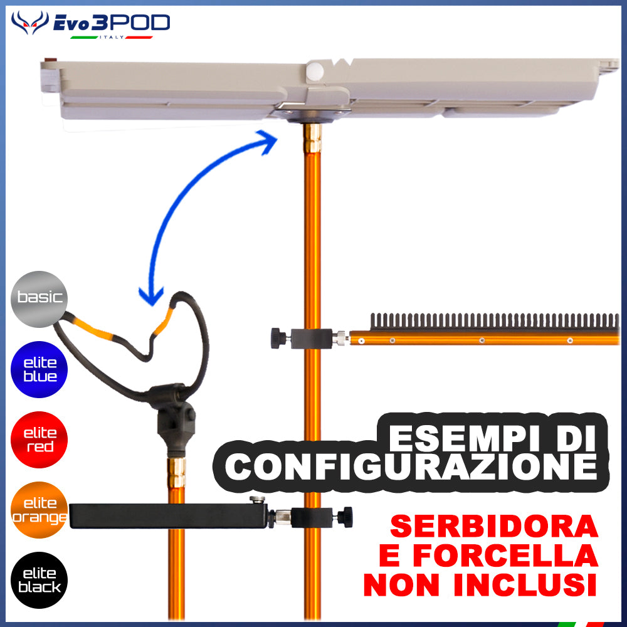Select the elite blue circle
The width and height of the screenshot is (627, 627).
tap(39, 369)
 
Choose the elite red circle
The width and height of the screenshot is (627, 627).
tap(39, 440)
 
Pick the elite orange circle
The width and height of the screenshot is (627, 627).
tap(39, 510)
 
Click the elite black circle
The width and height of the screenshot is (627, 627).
tap(39, 580)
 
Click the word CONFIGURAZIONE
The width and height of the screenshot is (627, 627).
tap(411, 466)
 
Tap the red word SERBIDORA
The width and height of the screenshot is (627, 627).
tap(494, 527)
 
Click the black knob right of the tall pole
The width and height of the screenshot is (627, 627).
tap(344, 517)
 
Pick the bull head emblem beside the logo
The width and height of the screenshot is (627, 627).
tap(29, 23)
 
